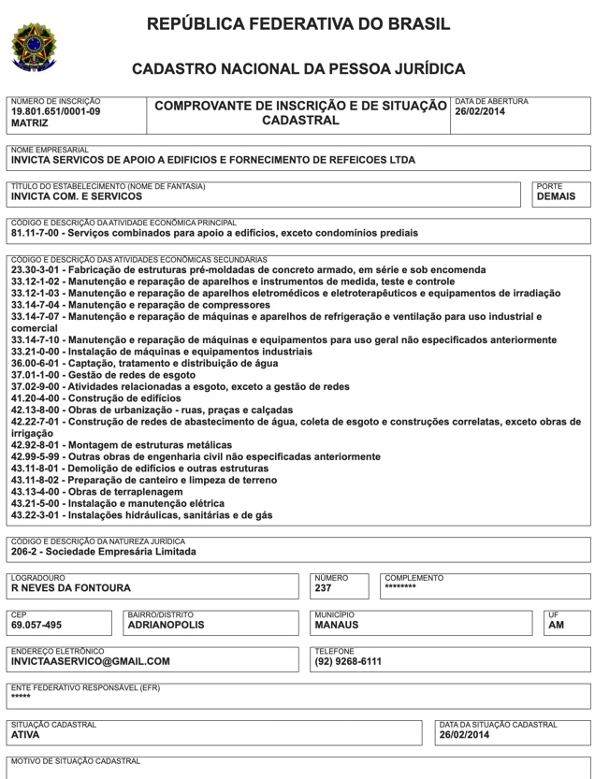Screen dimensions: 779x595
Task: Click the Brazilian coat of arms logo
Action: coord(34,47)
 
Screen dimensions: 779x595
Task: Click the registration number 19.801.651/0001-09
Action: coord(55,111)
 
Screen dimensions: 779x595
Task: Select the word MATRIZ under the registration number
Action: coord(29,123)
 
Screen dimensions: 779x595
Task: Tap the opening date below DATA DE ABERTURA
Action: coord(480,111)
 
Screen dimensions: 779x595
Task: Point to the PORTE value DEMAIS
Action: coord(556,197)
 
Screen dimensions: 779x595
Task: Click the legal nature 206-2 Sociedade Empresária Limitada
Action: coord(104,552)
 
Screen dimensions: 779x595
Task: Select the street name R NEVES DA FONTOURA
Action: coord(71,588)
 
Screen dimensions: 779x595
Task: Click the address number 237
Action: coord(324,588)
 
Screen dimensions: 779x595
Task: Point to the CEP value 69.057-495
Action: coord(36,625)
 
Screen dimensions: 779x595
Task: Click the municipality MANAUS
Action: coord(338,625)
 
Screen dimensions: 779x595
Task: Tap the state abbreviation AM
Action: coord(556,625)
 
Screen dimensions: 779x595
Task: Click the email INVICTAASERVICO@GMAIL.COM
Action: coord(91,661)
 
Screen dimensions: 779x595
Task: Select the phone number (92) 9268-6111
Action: coord(348,661)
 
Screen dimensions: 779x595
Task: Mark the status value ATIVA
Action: coord(25,735)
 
